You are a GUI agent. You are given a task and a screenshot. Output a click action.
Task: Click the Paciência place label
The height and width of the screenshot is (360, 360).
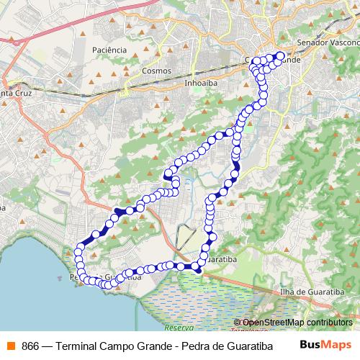(110, 50)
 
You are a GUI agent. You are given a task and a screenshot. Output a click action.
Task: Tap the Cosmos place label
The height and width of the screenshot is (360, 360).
(156, 71)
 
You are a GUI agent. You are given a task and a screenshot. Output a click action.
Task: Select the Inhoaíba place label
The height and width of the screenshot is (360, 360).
(201, 82)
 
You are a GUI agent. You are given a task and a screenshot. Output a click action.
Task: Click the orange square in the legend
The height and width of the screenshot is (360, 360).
(9, 344)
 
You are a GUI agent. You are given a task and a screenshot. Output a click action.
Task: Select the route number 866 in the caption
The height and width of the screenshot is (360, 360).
(30, 344)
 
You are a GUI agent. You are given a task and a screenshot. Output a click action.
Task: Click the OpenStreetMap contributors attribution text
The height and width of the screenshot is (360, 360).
(296, 322)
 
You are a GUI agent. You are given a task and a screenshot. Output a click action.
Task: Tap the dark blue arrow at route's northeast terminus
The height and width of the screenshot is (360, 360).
(280, 55)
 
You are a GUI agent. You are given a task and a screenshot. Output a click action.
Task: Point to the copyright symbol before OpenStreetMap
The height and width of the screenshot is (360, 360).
(238, 322)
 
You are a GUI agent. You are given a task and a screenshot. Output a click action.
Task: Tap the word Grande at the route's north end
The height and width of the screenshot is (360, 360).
(288, 60)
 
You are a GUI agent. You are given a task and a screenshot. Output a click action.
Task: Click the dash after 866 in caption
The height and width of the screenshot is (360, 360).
(46, 344)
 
